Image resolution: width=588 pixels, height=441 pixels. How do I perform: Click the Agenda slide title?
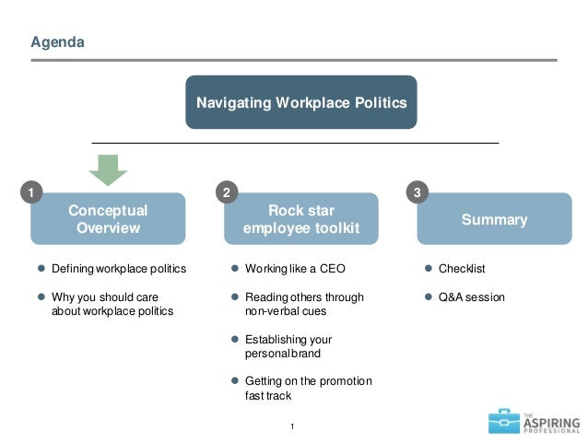(x=57, y=42)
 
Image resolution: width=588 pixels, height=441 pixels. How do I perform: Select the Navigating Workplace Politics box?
(x=300, y=102)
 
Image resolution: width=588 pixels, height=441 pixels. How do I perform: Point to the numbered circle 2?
(x=227, y=193)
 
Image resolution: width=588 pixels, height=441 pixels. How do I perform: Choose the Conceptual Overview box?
(x=108, y=219)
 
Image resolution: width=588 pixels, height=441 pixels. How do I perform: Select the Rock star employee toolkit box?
(x=300, y=219)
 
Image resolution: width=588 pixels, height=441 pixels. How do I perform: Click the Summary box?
(x=494, y=219)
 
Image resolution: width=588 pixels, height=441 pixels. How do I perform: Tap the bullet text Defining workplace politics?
(x=119, y=269)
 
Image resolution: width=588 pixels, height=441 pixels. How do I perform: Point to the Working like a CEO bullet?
(x=294, y=269)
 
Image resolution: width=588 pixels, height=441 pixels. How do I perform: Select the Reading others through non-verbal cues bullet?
(x=304, y=304)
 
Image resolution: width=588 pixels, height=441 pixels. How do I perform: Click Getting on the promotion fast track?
(x=308, y=388)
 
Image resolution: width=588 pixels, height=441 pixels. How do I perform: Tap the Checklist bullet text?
(x=462, y=269)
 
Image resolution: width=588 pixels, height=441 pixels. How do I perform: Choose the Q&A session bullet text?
(x=471, y=297)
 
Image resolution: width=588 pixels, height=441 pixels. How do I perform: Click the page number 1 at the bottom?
(x=292, y=424)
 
